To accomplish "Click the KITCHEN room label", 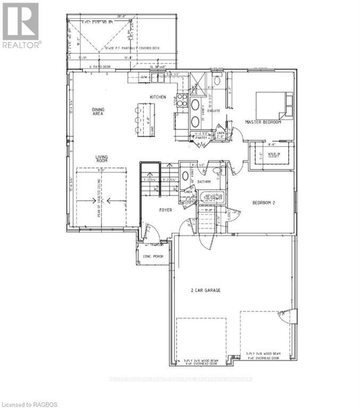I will [158, 97].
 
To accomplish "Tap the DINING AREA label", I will [98, 112].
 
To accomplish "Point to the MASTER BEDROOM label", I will [263, 122].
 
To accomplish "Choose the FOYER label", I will [166, 210].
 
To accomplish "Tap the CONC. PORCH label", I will [154, 257].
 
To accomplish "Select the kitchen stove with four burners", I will [182, 100].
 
